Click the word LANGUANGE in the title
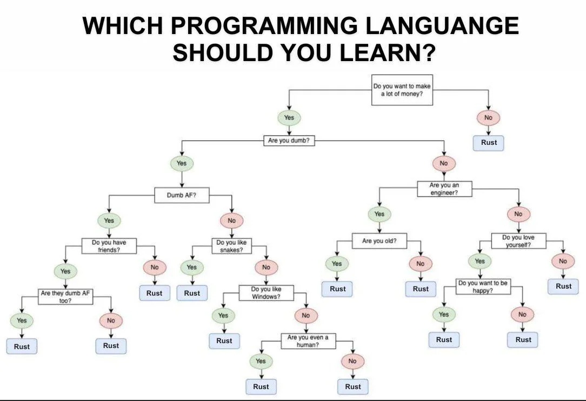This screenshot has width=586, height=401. (442, 25)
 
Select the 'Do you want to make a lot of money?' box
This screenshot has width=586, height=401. (402, 90)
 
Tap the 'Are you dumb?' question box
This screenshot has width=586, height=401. (289, 141)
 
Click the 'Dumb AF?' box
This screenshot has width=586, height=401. (182, 195)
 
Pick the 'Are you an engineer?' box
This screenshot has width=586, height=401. (444, 189)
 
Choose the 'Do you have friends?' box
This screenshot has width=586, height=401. (109, 246)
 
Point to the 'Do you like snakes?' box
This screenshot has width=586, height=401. (232, 246)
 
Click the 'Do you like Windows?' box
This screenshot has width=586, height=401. (267, 292)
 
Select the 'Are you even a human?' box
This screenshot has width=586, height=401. (308, 341)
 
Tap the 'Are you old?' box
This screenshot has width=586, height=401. (379, 241)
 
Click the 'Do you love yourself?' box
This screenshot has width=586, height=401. (518, 241)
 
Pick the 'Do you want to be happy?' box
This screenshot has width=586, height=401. (483, 286)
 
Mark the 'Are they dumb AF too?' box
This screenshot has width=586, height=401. (65, 297)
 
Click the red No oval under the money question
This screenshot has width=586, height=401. (489, 118)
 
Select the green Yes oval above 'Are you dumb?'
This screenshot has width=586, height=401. (289, 118)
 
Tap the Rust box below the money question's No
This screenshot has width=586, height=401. (489, 143)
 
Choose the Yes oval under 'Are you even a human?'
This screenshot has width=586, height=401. (261, 362)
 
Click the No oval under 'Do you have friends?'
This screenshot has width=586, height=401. (155, 267)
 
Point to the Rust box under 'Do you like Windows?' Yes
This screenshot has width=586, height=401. (224, 341)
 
